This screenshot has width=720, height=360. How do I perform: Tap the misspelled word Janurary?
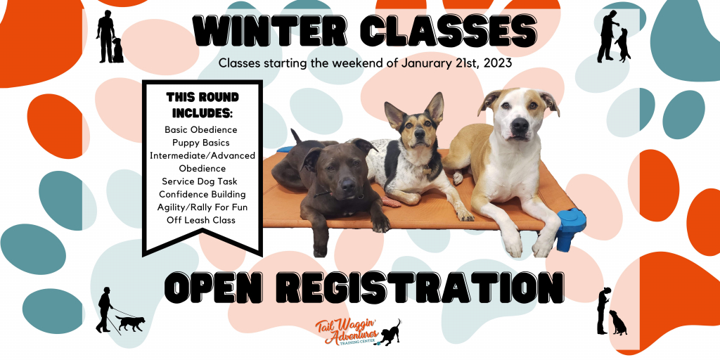[425, 63]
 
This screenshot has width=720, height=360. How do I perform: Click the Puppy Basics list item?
[201, 143]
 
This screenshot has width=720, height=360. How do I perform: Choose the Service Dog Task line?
[200, 181]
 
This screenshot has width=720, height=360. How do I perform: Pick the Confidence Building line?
[202, 194]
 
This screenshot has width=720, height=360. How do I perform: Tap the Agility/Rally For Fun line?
[202, 207]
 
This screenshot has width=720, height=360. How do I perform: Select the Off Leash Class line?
[201, 220]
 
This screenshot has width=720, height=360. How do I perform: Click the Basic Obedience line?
[201, 129]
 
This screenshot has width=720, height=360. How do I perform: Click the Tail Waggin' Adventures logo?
[357, 332]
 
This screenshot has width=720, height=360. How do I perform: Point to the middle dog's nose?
[418, 133]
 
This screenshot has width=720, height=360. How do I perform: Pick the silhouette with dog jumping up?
[614, 37]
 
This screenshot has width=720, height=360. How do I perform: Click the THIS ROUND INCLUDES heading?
[202, 105]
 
